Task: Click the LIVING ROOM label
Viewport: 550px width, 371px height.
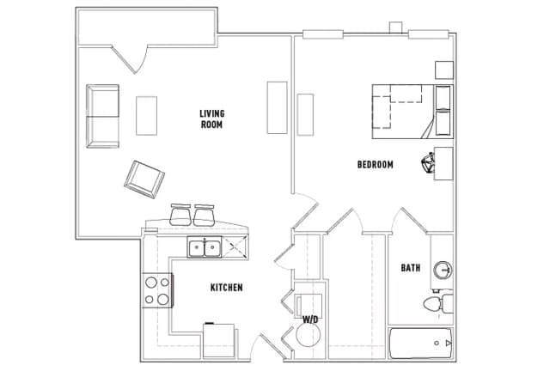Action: [212, 119]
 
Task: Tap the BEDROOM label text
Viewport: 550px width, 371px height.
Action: [375, 165]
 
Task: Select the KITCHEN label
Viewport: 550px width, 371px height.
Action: [226, 288]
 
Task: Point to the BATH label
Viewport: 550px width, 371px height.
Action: [411, 268]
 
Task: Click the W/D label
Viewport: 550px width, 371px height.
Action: [310, 319]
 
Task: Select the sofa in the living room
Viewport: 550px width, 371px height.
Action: [102, 116]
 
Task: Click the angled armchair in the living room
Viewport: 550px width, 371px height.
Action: [144, 179]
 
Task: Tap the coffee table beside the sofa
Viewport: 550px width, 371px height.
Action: [146, 116]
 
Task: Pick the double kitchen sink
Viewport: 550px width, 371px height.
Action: [205, 247]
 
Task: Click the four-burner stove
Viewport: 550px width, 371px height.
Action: [157, 290]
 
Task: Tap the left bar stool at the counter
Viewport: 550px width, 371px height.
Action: [180, 215]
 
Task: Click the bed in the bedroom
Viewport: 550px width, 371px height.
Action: [412, 112]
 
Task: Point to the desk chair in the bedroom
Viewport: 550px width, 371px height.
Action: [428, 162]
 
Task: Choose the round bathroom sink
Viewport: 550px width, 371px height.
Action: [443, 271]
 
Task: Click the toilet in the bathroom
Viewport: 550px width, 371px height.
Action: [438, 303]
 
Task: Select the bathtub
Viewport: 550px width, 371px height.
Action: [421, 344]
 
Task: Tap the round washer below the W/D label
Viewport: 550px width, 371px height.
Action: [309, 335]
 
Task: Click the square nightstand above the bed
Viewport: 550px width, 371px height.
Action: [444, 70]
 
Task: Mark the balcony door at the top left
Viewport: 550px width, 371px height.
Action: [130, 59]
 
